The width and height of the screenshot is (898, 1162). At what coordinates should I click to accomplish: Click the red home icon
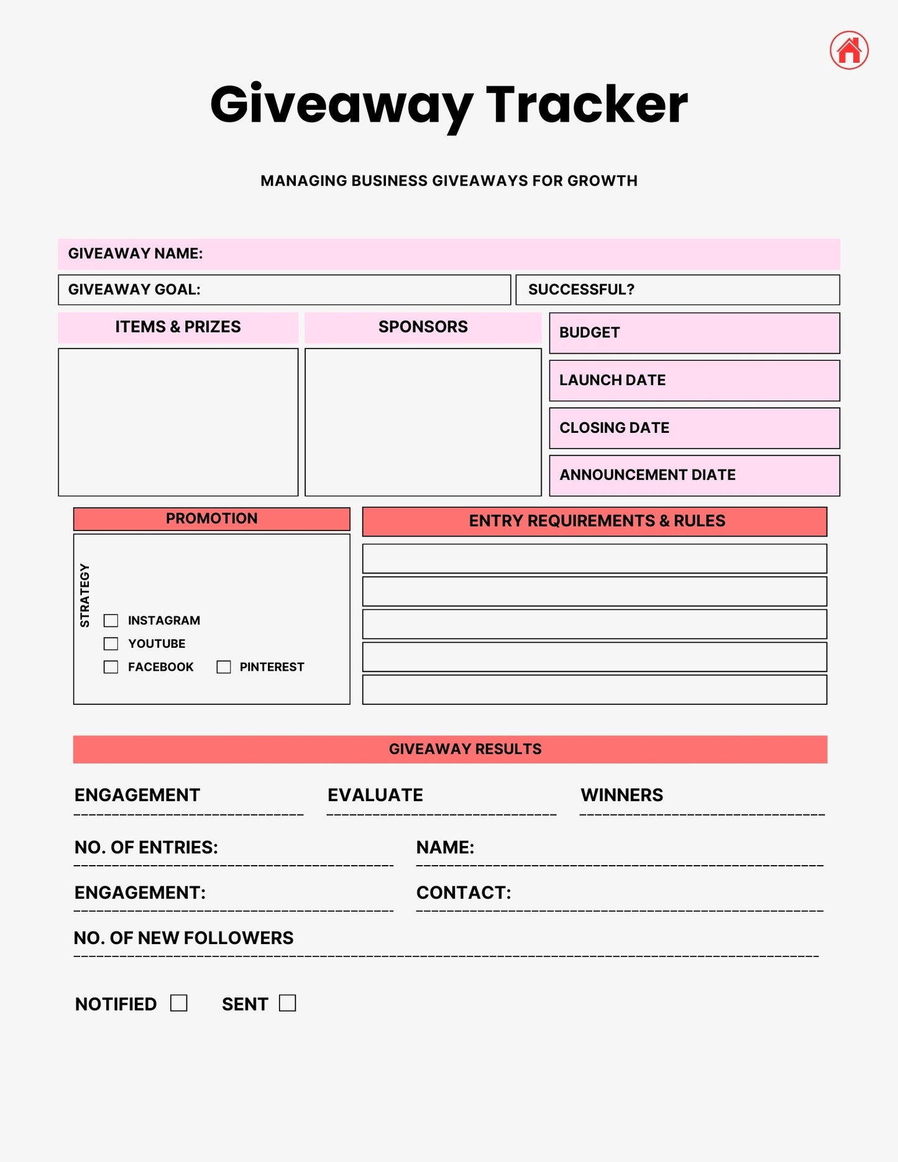(849, 50)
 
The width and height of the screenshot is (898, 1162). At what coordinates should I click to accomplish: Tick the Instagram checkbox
(111, 620)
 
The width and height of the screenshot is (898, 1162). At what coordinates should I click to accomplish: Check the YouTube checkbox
(111, 643)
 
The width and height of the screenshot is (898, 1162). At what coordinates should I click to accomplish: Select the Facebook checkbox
(111, 667)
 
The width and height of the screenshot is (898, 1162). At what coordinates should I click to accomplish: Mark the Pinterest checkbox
(224, 667)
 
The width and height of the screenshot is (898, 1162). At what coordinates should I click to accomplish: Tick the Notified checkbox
(179, 1003)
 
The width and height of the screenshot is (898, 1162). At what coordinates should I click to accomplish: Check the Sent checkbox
(287, 1003)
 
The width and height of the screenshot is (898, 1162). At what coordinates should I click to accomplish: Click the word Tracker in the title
(587, 104)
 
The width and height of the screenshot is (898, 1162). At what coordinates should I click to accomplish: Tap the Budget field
(694, 333)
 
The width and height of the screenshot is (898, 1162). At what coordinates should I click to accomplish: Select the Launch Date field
(694, 381)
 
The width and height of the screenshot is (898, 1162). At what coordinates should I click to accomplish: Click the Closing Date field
(694, 428)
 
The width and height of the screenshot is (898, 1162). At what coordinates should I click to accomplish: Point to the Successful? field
(677, 290)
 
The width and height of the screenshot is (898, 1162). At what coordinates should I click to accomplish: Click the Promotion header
(211, 519)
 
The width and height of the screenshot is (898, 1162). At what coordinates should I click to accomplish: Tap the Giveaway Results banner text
(465, 749)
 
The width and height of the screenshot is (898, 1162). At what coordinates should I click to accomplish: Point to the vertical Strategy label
(85, 595)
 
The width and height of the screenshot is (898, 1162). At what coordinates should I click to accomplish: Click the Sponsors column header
(423, 327)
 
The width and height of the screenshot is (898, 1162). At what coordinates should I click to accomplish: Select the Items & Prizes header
(178, 327)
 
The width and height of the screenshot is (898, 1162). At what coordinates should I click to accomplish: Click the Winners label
(621, 795)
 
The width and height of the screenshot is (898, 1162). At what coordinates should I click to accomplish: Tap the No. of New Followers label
(183, 938)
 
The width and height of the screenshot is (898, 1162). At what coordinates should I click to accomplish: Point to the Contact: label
(464, 892)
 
